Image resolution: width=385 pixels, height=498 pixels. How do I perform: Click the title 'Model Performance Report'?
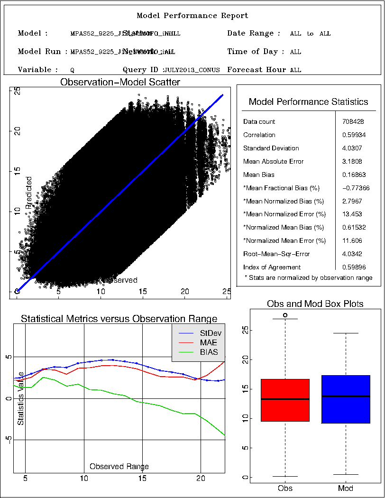[x=192, y=16]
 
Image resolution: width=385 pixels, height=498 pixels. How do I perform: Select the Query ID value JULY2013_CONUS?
[x=192, y=70]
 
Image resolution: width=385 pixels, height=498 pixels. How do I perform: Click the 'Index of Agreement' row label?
[x=272, y=267]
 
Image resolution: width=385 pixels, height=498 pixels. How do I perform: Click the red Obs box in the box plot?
[x=285, y=400]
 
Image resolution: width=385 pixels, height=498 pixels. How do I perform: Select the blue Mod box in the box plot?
[x=346, y=399]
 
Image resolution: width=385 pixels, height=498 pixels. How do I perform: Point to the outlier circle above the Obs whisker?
[x=285, y=315]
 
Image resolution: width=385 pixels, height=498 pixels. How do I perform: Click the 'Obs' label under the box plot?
[x=285, y=489]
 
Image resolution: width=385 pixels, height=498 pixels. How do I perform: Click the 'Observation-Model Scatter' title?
[x=120, y=83]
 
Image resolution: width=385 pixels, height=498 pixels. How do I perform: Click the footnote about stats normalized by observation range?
[x=308, y=277]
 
